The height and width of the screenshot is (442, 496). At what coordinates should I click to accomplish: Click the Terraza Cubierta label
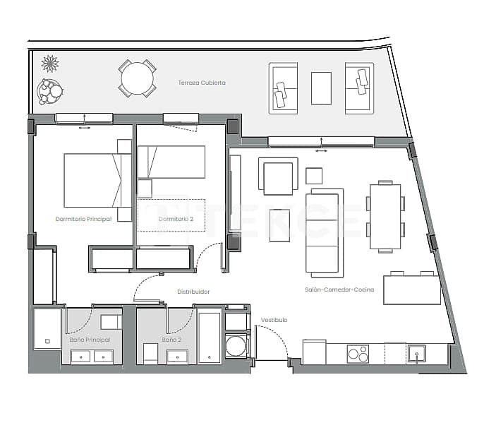pos(202,83)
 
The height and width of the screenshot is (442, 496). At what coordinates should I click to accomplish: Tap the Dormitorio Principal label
pos(83,219)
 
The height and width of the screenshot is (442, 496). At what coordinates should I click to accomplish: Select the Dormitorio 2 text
pos(176,219)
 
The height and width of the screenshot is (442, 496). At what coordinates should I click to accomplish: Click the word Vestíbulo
pos(274,320)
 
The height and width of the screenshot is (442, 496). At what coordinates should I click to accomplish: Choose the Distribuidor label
pos(193,291)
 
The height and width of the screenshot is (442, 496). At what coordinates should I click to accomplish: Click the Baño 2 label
pos(171,340)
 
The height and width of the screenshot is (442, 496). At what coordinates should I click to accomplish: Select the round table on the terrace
pos(138,78)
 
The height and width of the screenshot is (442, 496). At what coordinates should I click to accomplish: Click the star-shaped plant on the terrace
pos(50,64)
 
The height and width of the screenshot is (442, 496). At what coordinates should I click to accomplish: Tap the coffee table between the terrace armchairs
pos(321,88)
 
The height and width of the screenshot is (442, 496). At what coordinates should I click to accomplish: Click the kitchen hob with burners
pos(358,353)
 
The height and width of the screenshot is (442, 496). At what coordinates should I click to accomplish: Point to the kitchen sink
pos(416,352)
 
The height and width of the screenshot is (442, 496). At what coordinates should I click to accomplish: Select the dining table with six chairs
pos(385,217)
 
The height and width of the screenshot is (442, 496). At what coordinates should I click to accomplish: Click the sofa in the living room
pos(325,232)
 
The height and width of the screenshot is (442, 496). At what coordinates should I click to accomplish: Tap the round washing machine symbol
pos(236,347)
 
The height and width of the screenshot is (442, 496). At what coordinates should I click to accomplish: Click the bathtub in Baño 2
pos(210,338)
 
